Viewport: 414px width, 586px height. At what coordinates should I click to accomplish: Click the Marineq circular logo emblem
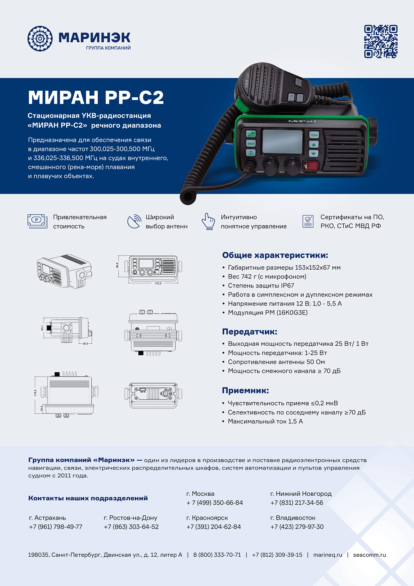[x=40, y=39]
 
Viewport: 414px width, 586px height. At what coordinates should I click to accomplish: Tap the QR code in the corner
[x=381, y=41]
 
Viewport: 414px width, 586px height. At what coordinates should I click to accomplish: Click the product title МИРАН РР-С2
[x=96, y=97]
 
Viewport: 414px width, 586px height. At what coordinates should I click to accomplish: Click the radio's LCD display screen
[x=282, y=141]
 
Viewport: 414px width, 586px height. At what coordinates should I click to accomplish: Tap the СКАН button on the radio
[x=314, y=135]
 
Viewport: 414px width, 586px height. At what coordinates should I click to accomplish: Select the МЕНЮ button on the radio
[x=251, y=143]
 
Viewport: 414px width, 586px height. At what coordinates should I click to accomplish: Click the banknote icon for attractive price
[x=37, y=221]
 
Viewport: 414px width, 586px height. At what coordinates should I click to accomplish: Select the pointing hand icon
[x=209, y=221]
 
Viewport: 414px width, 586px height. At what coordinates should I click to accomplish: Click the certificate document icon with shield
[x=308, y=221]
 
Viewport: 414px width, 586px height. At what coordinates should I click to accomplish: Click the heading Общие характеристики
[x=275, y=255]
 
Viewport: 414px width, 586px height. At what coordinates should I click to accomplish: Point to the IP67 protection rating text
[x=261, y=286]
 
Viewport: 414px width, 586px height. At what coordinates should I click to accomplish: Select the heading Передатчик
[x=250, y=332]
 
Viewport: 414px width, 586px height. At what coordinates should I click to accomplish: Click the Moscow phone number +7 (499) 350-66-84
[x=214, y=503]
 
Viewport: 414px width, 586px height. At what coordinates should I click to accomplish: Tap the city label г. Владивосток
[x=293, y=518]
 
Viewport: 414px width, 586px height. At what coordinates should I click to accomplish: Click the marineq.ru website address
[x=327, y=555]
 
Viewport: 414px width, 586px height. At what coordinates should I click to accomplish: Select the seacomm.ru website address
[x=369, y=555]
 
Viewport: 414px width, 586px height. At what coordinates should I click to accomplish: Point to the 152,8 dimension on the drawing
[x=158, y=283]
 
